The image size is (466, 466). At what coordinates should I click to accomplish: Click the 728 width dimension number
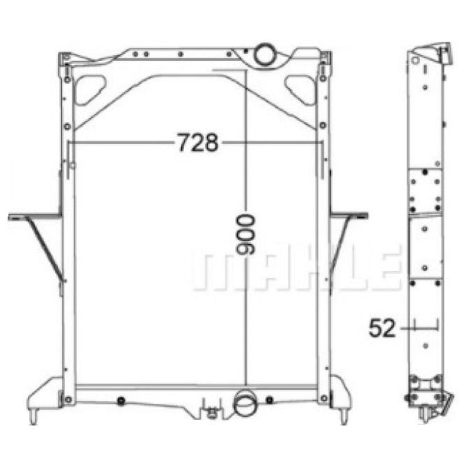198,143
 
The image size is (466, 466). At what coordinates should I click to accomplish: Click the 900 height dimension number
245,235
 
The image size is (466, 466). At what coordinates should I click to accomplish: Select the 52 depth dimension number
382,328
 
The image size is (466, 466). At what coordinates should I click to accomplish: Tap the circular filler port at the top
265,54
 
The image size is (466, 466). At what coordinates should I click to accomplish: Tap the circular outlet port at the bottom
245,403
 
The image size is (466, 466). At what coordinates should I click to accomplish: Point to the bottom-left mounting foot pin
34,417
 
